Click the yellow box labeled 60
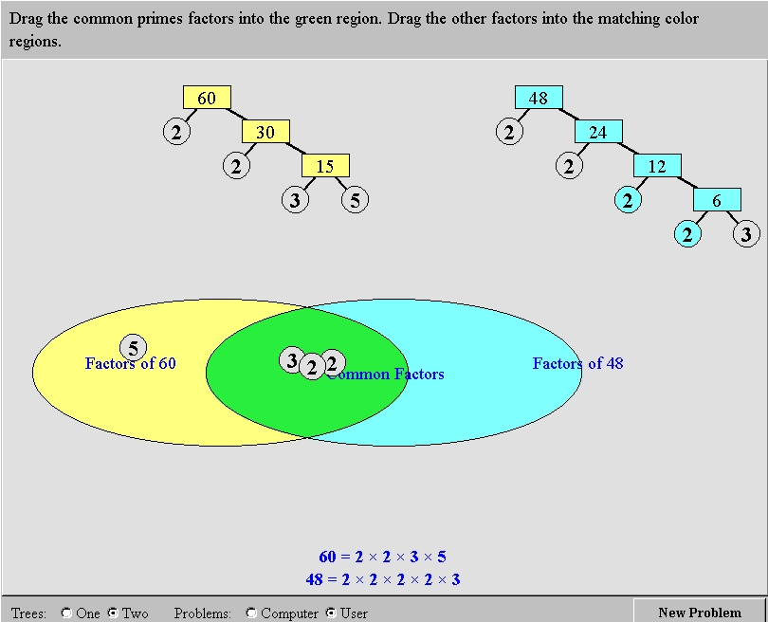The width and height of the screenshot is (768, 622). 207,98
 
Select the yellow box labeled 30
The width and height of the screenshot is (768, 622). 265,132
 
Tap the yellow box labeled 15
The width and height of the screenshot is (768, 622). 325,166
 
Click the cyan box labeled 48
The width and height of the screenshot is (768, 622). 539,98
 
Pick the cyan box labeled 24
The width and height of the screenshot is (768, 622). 598,132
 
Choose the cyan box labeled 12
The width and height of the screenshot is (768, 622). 657,166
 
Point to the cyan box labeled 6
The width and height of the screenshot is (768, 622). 717,200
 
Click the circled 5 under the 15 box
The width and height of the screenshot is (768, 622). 355,200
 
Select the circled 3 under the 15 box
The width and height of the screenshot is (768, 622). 295,200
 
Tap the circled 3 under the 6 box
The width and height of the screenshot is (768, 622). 746,234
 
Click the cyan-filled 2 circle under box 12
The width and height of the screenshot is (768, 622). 628,200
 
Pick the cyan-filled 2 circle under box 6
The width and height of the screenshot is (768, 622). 687,234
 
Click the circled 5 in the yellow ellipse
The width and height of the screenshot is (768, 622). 134,348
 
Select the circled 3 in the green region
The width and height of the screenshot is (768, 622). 290,360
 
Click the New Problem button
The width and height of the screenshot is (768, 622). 700,613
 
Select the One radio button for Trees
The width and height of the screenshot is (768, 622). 66,613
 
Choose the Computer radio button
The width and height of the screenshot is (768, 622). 250,613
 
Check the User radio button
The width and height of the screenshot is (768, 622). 331,613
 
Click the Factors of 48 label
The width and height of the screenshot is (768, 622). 578,363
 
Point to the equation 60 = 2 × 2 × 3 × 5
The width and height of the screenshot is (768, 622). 382,557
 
